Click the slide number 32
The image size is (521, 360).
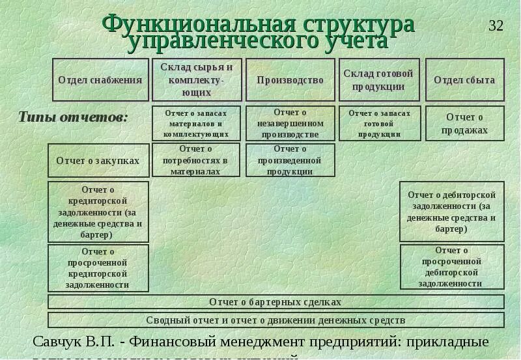click(496, 26)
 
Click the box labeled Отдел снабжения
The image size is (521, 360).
click(100, 80)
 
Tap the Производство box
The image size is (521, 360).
click(290, 80)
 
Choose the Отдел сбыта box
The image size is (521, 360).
click(464, 80)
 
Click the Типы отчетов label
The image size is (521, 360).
click(73, 118)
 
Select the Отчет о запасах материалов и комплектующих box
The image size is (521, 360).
click(196, 123)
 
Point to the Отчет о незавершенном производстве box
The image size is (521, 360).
click(290, 124)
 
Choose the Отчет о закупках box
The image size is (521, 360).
click(98, 160)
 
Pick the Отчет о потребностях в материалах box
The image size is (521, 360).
click(196, 160)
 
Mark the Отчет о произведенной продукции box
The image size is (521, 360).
click(290, 160)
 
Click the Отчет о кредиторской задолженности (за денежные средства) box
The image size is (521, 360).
click(98, 212)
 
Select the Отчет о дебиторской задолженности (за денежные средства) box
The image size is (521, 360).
click(452, 212)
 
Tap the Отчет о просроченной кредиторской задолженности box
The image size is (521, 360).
click(98, 268)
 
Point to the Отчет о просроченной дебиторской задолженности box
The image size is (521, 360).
click(452, 267)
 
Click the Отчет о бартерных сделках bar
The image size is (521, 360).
click(276, 302)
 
